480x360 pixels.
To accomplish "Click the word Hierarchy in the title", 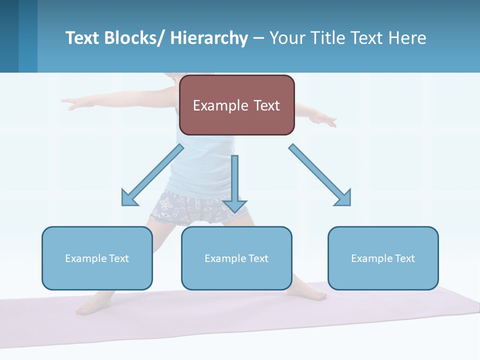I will point(209,38).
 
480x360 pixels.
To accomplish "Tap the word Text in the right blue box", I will point(405,258).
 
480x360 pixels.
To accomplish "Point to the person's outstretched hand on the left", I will point(70,103).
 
